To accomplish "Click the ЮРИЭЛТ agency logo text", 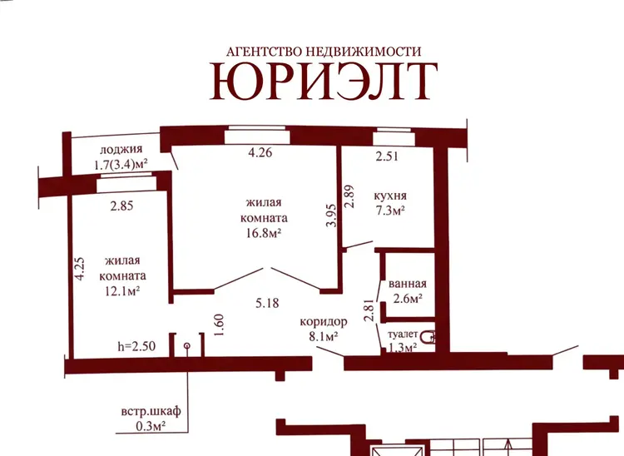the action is click(x=324, y=81).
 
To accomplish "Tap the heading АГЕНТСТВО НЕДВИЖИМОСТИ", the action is click(x=324, y=52).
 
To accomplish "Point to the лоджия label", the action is click(x=121, y=150).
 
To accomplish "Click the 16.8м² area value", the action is click(x=264, y=233).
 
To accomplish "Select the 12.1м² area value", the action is click(x=122, y=292).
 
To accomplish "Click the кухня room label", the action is click(x=390, y=196).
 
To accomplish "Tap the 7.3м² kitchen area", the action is click(x=390, y=211).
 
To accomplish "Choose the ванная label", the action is click(x=407, y=284).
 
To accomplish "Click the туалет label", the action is click(x=403, y=335).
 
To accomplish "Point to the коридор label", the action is click(x=323, y=322).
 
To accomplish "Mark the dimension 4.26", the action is click(x=260, y=152).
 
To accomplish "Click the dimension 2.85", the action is click(x=121, y=206).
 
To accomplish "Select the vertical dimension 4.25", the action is click(x=81, y=269).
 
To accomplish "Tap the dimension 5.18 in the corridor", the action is click(x=267, y=304).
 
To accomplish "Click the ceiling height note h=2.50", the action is click(x=136, y=346).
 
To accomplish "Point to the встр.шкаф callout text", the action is click(x=151, y=411).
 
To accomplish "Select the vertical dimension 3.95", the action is click(x=331, y=216).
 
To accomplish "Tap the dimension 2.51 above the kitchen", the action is click(x=387, y=156).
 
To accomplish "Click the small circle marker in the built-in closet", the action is click(x=187, y=346).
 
